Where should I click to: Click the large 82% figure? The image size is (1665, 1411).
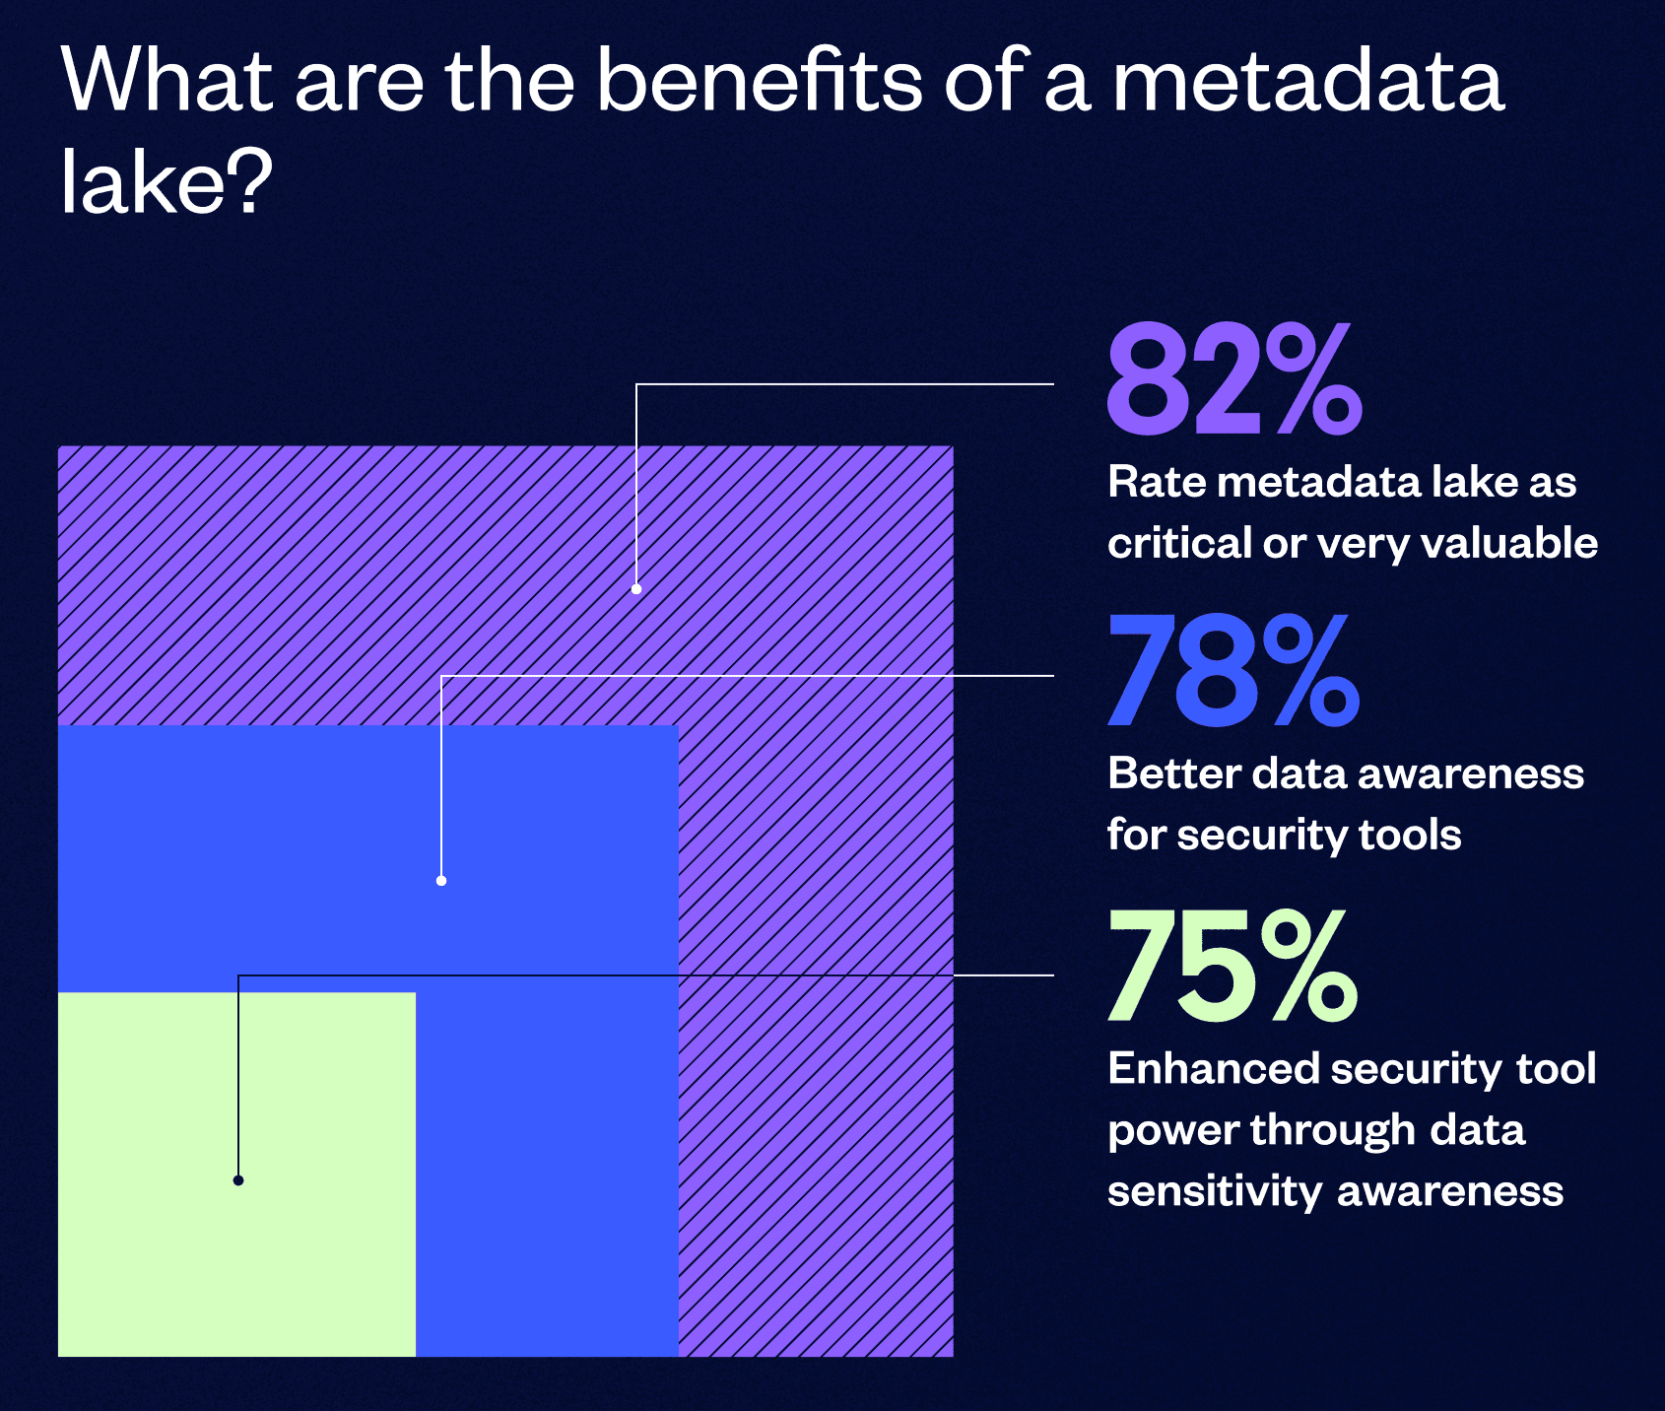click(1233, 380)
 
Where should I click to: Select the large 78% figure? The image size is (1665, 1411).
click(1233, 671)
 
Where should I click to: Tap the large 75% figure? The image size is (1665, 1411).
click(1232, 967)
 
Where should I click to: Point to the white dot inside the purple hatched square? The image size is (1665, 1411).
click(636, 589)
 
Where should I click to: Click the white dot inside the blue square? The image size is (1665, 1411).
click(441, 881)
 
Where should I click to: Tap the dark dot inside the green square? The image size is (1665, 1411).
click(238, 1180)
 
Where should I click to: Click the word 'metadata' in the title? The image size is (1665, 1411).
click(1307, 81)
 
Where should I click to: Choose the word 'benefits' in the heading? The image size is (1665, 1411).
click(760, 81)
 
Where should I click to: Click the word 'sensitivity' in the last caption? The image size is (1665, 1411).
click(1215, 1191)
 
